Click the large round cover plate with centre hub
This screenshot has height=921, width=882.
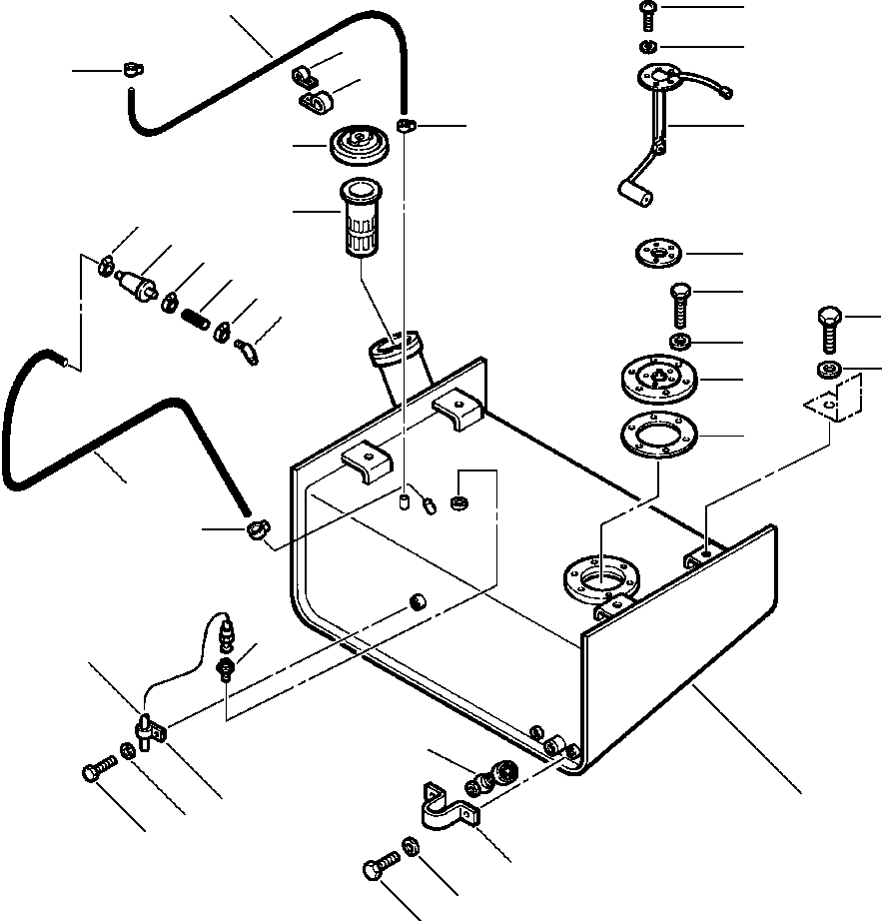[x=655, y=381]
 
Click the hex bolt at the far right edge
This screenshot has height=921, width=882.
[x=829, y=326]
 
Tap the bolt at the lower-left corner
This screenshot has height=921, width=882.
[x=97, y=772]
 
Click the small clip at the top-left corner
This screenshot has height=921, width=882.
[x=131, y=69]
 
